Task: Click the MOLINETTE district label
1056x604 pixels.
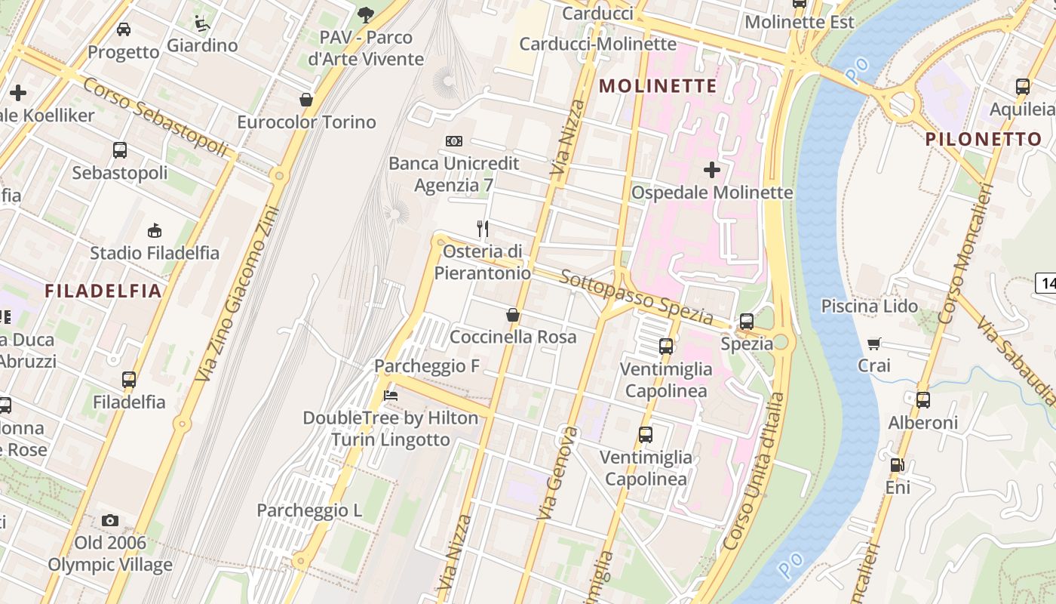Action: (x=658, y=86)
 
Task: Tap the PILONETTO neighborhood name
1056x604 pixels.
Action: (x=983, y=139)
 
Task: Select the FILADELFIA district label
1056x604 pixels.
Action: (x=103, y=291)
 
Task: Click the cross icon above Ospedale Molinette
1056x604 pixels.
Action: (x=711, y=170)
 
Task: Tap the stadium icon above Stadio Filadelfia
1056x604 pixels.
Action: (x=154, y=230)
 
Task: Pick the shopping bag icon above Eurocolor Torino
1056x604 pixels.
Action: (x=306, y=100)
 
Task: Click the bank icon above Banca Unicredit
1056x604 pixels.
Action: (x=453, y=141)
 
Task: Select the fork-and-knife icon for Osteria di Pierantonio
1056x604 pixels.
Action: (x=483, y=228)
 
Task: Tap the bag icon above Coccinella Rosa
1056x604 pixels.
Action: (x=513, y=315)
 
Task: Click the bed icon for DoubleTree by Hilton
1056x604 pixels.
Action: (x=390, y=395)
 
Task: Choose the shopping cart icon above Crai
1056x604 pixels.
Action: (x=874, y=344)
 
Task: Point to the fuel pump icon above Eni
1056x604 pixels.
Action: (x=897, y=465)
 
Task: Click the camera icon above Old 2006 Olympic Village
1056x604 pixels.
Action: (x=110, y=520)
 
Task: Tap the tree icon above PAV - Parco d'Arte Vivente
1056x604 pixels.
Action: (x=366, y=14)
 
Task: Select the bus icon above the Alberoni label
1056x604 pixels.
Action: (x=922, y=400)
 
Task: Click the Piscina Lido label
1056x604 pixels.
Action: (x=869, y=306)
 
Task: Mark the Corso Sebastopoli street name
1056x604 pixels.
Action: (x=155, y=118)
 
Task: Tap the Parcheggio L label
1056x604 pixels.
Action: (x=309, y=510)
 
